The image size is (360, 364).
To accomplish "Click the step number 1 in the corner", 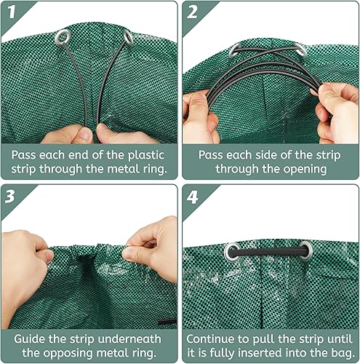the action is coord(12,12).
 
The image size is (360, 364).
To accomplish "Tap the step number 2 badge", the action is coord(192,12).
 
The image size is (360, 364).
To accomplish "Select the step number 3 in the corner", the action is coord(10,196).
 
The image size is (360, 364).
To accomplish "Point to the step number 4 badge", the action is coord(193,197).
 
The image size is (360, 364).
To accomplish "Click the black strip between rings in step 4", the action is coord(268,253).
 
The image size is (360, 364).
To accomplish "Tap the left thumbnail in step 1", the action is coord(86,133).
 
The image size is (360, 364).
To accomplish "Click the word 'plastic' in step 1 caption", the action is coord(146,156).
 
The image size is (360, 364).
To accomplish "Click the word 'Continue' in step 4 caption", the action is coord(211,339).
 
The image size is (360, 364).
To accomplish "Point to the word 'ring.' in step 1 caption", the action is coord(155,170).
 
